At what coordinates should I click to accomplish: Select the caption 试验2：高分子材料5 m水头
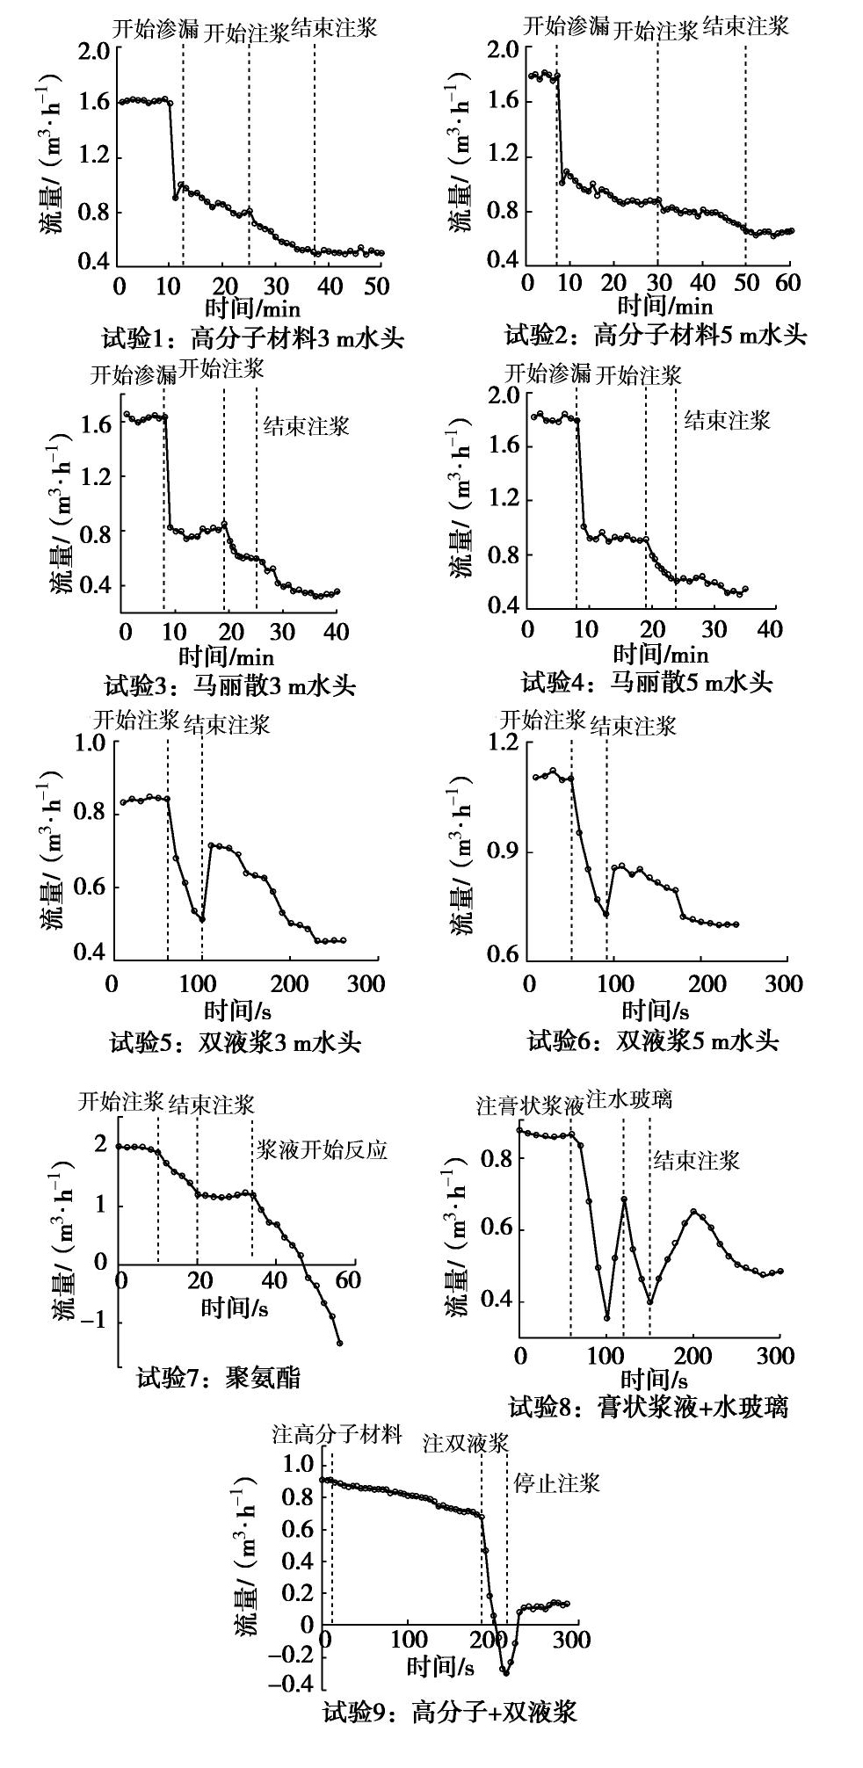click(656, 335)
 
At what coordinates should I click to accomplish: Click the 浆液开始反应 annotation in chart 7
click(322, 1149)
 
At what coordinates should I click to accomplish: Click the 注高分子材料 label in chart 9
click(337, 1435)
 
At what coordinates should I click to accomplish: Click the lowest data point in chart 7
click(339, 1343)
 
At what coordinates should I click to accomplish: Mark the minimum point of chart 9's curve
click(505, 1672)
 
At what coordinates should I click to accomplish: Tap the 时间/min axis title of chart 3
click(227, 656)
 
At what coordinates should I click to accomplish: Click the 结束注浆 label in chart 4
click(727, 420)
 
